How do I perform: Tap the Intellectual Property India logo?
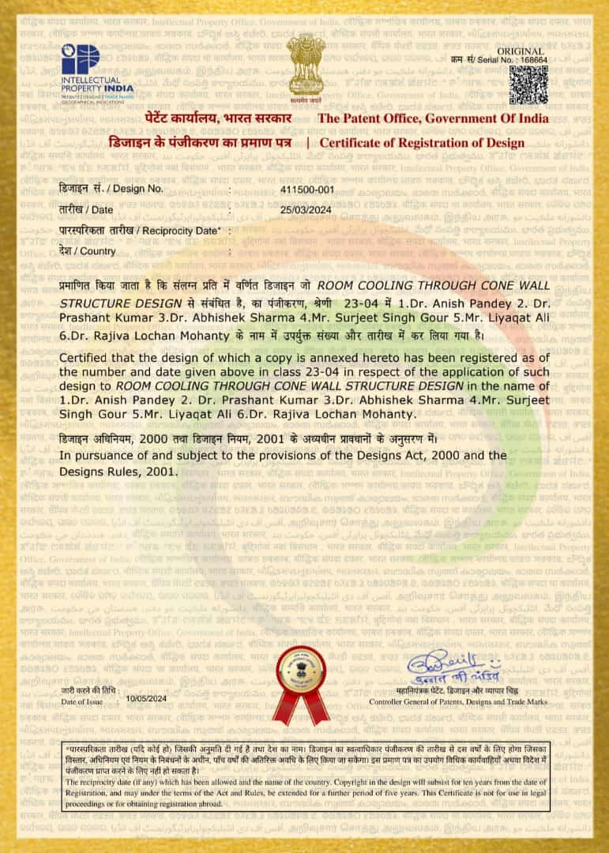click(x=97, y=70)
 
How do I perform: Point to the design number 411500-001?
click(x=307, y=190)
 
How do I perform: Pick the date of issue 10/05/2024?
click(x=147, y=698)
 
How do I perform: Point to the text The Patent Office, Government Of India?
click(x=433, y=118)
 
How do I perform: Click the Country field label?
click(x=88, y=251)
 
